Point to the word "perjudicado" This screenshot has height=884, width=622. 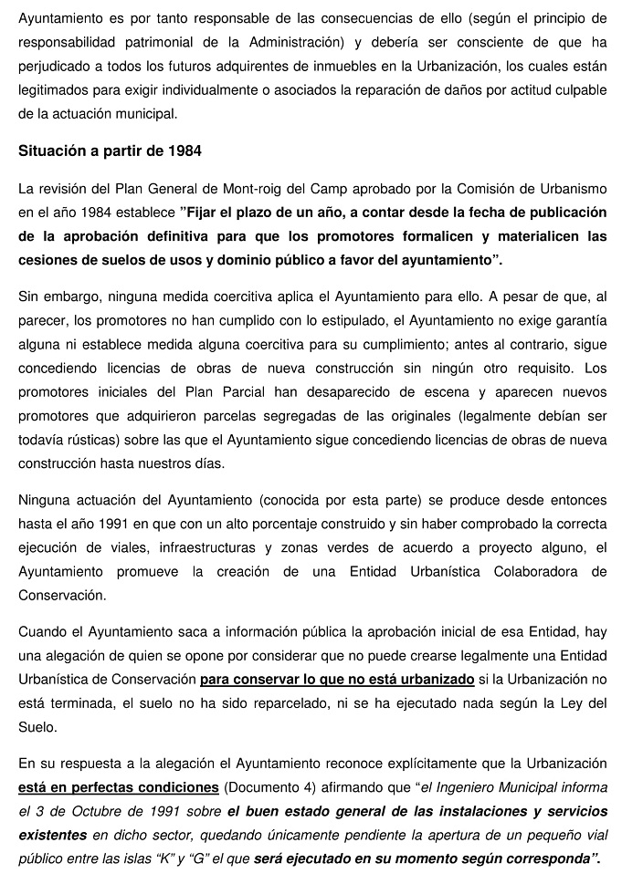click(55, 67)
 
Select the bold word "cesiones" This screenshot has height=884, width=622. click(48, 260)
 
